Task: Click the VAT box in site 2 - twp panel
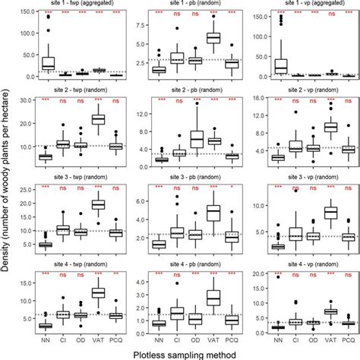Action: coord(99,119)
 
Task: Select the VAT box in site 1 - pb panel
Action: coord(214,38)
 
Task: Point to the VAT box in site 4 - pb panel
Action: coord(214,297)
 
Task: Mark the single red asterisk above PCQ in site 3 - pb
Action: coord(232,188)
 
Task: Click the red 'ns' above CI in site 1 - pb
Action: coord(178,14)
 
